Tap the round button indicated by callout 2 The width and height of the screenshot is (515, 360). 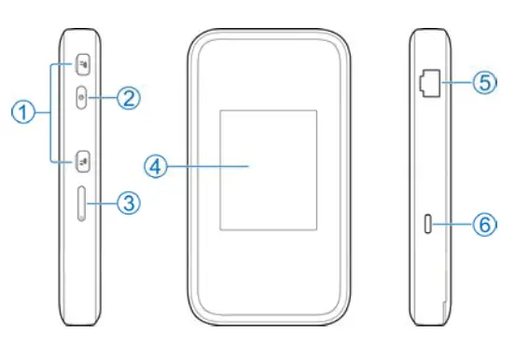82,97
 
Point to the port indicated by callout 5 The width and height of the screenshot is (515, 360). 430,83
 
